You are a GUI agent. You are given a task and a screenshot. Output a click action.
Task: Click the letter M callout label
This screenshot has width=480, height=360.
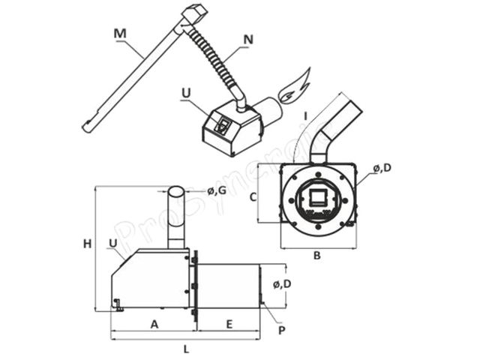119,33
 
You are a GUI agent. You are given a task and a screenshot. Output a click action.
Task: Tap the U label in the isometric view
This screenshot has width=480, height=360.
186,93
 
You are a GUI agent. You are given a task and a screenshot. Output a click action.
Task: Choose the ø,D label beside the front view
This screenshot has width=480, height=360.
382,168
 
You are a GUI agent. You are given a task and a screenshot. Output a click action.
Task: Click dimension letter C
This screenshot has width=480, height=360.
253,197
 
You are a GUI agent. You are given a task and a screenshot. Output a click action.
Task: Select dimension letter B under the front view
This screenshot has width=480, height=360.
316,255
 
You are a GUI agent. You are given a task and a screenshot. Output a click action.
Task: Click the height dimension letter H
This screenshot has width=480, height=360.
87,243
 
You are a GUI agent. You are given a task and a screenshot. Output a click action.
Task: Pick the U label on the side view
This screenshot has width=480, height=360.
112,243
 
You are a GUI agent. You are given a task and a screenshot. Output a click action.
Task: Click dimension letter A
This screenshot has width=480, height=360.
154,324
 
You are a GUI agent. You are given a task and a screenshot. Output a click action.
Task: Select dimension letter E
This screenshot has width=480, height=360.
229,324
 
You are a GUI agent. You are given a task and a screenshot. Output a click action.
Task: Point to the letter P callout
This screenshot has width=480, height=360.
280,330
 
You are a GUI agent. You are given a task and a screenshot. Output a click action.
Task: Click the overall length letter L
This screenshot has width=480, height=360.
186,348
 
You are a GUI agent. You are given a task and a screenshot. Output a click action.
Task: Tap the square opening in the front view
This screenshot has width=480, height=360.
318,198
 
